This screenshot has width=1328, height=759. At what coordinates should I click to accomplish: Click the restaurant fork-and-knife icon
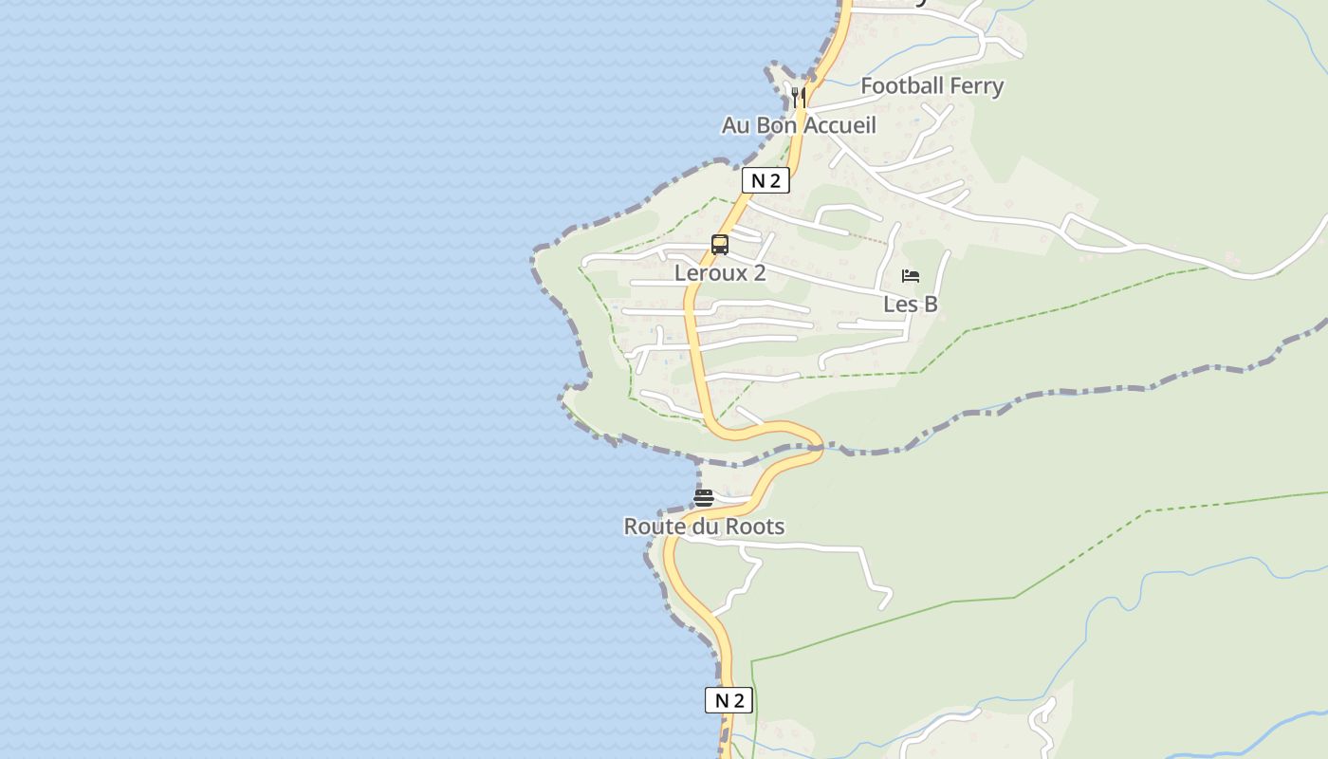point(799,97)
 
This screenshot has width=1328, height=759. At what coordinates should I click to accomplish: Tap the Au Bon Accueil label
point(799,125)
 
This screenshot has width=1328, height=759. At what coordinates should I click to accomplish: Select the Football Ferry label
point(931,85)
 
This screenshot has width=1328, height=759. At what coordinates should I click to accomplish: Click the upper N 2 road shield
point(765,180)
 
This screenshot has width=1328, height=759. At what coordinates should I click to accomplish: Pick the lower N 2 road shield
point(729,700)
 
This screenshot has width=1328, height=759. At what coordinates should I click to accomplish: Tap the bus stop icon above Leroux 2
point(720,245)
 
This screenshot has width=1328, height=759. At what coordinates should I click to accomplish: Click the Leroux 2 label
point(720,273)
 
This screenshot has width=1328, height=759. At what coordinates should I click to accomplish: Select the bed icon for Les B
point(911,276)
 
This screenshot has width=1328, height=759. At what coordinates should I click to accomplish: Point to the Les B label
point(911,304)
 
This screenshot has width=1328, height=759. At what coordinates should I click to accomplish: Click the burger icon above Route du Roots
point(704,497)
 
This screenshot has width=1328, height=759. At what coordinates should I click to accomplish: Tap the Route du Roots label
point(704,527)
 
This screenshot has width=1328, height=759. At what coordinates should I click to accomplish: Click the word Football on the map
point(901,85)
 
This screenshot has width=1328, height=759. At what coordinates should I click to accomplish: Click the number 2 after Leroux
point(759,273)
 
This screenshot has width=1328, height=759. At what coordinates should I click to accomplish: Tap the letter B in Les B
point(930,304)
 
